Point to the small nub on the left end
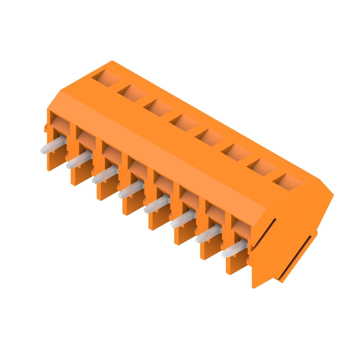click(45, 128)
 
